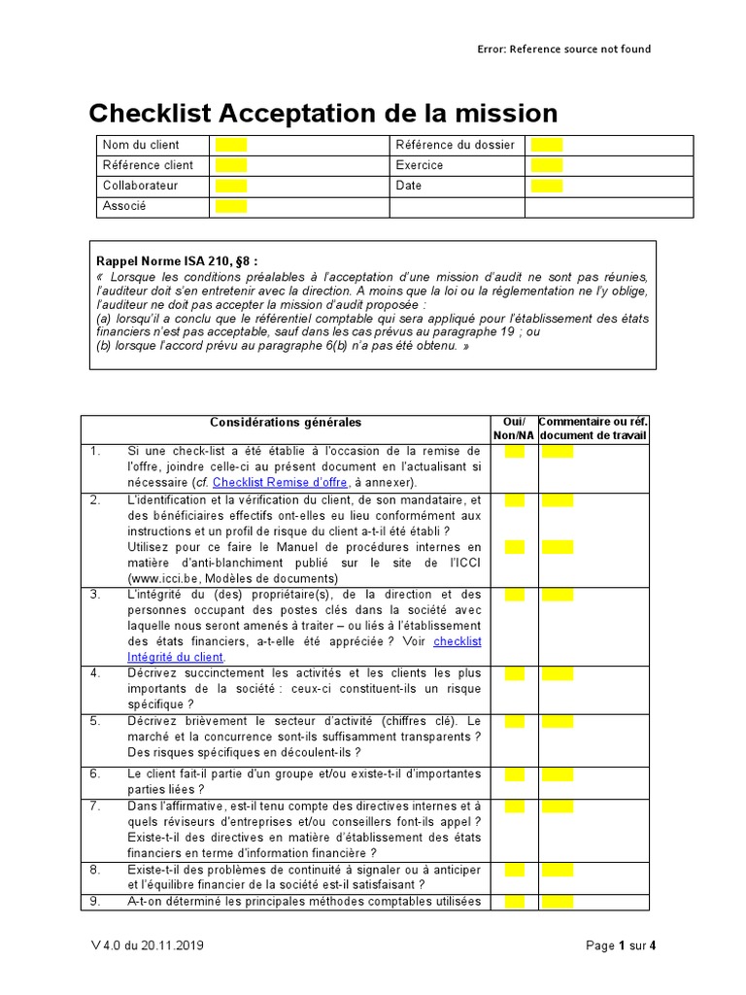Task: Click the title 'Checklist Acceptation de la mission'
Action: point(322,114)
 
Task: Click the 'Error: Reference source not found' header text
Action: point(563,50)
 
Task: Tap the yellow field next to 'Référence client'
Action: point(231,165)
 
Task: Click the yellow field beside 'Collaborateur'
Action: point(231,186)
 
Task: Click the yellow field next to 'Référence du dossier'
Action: point(546,146)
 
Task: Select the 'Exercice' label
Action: point(420,165)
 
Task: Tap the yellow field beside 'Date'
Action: point(546,186)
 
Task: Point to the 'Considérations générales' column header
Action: point(286,423)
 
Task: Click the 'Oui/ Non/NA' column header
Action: point(514,429)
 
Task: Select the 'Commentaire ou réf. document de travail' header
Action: point(593,429)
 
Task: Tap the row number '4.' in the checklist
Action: point(95,672)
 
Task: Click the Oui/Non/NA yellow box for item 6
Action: point(514,774)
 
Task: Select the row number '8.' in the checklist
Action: point(95,869)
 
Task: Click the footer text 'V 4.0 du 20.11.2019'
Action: point(144,945)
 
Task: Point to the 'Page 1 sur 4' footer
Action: point(622,945)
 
